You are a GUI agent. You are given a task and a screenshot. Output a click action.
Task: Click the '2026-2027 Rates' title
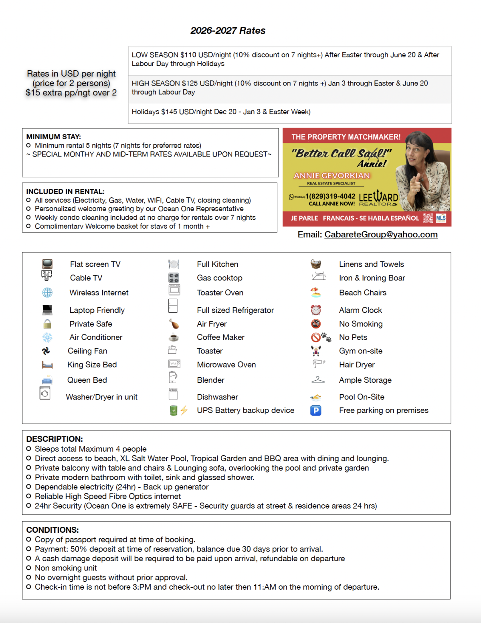coord(228,30)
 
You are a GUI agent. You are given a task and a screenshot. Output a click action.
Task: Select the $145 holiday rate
coord(169,112)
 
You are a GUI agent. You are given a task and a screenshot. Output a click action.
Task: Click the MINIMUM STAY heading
coord(53,137)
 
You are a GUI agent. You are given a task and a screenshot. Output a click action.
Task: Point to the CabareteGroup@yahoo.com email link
coord(381,235)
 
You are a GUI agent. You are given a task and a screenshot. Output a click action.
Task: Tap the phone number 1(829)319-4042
coord(330,196)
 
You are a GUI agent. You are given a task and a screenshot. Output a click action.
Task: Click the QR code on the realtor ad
coord(428,218)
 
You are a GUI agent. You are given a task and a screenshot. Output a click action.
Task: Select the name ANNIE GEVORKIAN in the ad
coord(331,176)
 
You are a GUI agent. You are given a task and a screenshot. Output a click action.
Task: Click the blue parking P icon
coord(316,410)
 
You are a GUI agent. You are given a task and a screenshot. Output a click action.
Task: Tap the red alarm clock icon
coord(316,310)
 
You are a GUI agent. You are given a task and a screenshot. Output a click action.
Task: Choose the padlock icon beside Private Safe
coord(47,324)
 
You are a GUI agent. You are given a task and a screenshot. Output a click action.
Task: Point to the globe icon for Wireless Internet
coord(47,293)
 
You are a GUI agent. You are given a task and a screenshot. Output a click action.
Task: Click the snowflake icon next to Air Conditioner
coord(47,337)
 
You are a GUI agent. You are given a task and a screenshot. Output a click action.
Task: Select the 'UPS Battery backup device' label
coord(245,410)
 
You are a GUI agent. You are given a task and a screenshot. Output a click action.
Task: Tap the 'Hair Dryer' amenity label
coord(357,365)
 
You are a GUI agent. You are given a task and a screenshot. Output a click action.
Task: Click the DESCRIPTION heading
coord(55,439)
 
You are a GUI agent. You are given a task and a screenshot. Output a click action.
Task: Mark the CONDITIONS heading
coord(53,530)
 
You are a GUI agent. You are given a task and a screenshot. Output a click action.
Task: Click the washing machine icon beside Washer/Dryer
coord(45,393)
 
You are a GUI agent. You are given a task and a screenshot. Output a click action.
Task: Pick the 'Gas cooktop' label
coord(219,278)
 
